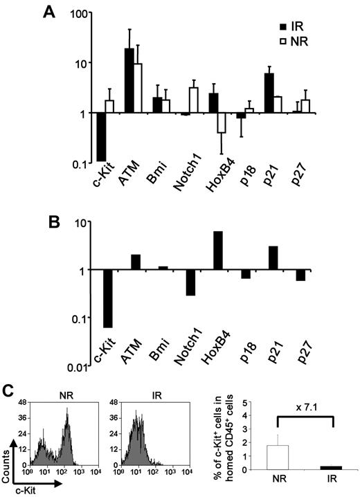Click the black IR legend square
[284, 26]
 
